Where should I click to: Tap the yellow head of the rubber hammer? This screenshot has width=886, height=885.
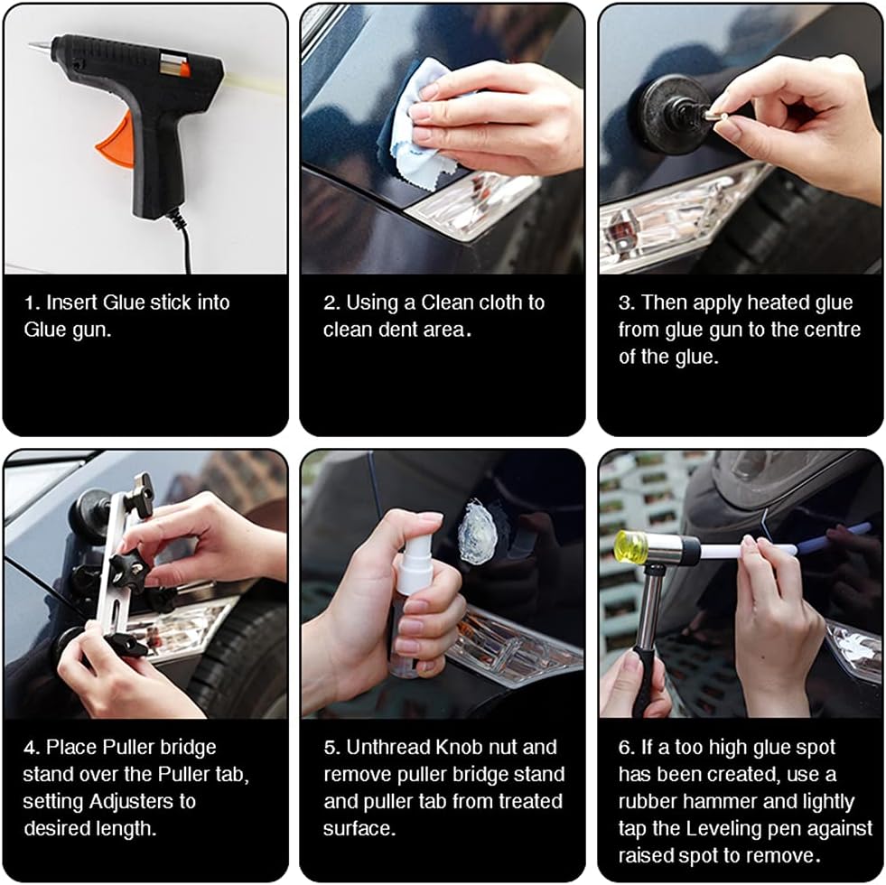coord(630,547)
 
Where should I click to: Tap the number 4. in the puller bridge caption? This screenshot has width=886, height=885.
coord(32,748)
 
